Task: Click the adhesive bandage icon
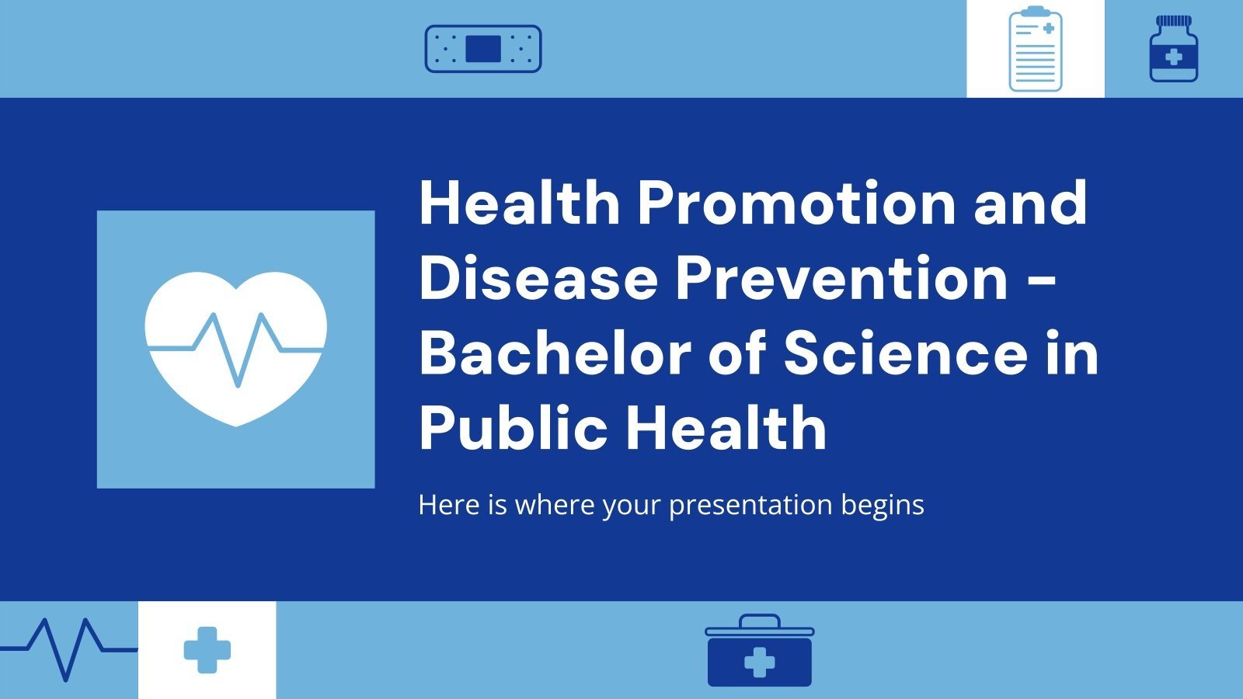click(482, 49)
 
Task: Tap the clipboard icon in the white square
click(1035, 49)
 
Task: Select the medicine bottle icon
click(1173, 49)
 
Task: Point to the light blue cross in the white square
click(207, 650)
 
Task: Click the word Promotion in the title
click(796, 203)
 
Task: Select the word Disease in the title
click(538, 278)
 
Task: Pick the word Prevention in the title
click(841, 278)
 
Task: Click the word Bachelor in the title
click(555, 353)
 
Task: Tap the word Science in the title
click(905, 353)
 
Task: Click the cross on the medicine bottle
click(1173, 57)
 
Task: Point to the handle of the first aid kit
click(759, 621)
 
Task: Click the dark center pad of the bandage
click(482, 49)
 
